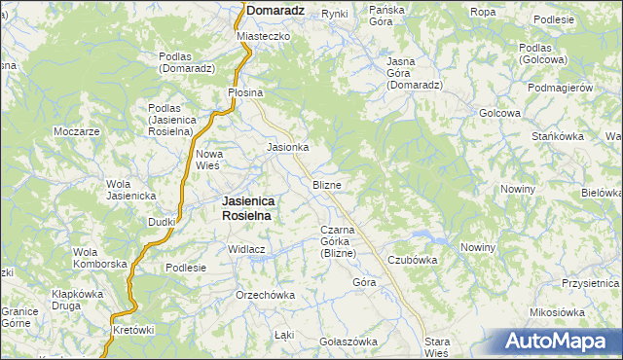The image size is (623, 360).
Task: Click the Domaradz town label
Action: [x=275, y=11]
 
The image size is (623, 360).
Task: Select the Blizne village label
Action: [x=326, y=185]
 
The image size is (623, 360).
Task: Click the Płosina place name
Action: [x=245, y=92]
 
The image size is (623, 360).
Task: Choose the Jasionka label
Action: [x=288, y=148]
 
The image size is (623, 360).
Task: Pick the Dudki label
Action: [x=162, y=222]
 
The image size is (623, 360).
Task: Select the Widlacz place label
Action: [x=247, y=249]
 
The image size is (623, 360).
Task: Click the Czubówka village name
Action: [x=413, y=260]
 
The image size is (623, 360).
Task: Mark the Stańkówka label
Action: [x=558, y=136]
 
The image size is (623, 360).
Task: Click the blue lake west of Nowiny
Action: [x=435, y=238]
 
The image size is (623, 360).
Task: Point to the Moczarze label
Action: [x=78, y=131]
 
